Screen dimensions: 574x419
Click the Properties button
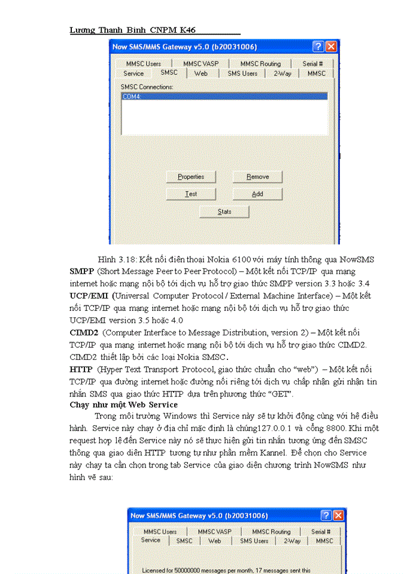pyautogui.click(x=191, y=177)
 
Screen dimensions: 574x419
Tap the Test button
pyautogui.click(x=191, y=194)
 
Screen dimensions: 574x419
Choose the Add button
pyautogui.click(x=257, y=194)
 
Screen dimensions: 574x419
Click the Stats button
pyautogui.click(x=224, y=212)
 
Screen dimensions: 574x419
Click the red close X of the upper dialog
pyautogui.click(x=331, y=46)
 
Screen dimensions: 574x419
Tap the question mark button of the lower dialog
pyautogui.click(x=326, y=515)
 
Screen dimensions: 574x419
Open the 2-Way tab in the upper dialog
pyautogui.click(x=283, y=74)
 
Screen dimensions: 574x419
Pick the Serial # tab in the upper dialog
pyautogui.click(x=312, y=63)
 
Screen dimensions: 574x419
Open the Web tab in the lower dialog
pyautogui.click(x=214, y=541)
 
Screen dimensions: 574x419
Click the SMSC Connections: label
pyautogui.click(x=147, y=87)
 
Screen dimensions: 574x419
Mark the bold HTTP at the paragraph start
pyautogui.click(x=81, y=370)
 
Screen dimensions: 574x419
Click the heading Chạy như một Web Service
pyautogui.click(x=123, y=405)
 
